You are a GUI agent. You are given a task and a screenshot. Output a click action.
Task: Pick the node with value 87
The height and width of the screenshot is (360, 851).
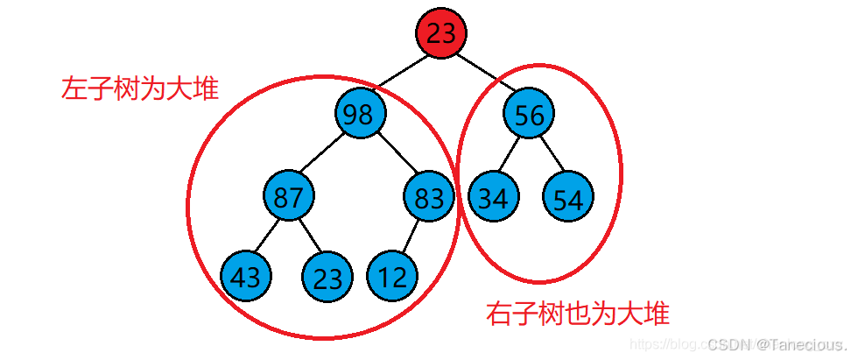click(288, 196)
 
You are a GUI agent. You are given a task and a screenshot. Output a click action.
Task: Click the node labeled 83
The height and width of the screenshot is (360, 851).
click(429, 196)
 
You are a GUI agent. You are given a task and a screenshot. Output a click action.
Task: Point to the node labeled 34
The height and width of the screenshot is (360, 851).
click(493, 198)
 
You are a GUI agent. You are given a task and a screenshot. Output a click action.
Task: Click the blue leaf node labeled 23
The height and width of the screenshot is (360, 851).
click(327, 278)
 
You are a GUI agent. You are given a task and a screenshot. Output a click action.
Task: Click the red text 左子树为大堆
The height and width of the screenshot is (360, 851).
click(139, 88)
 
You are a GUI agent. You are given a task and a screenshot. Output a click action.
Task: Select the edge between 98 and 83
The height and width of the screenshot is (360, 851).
click(394, 156)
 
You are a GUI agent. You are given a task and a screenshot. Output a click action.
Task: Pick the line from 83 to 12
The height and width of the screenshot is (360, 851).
click(411, 236)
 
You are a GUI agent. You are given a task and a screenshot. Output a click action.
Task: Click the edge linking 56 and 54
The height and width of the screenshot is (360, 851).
click(549, 157)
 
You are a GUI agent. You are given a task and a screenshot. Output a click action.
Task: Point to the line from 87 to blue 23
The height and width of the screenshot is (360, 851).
click(307, 237)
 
